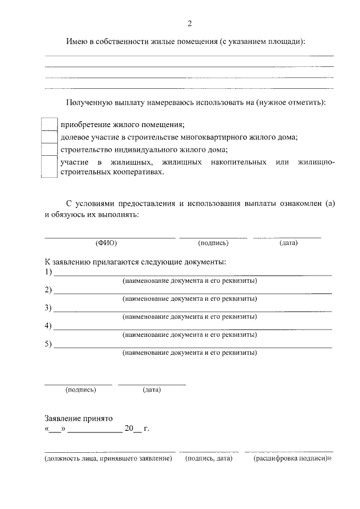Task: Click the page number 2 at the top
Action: (x=190, y=23)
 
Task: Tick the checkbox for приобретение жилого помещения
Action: (x=50, y=124)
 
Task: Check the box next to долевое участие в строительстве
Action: (x=50, y=137)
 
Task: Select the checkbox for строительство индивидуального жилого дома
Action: (x=50, y=149)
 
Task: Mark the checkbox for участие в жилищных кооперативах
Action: (x=50, y=167)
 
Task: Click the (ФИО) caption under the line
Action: (x=106, y=243)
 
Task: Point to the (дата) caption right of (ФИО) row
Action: (x=288, y=243)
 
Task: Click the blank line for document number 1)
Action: (x=192, y=274)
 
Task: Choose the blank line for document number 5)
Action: (x=192, y=346)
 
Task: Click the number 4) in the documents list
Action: (x=48, y=326)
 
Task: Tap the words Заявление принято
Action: (x=79, y=418)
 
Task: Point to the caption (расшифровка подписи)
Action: (x=292, y=459)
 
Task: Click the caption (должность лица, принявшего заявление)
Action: (x=108, y=459)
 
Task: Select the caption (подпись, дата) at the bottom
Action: (x=209, y=459)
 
